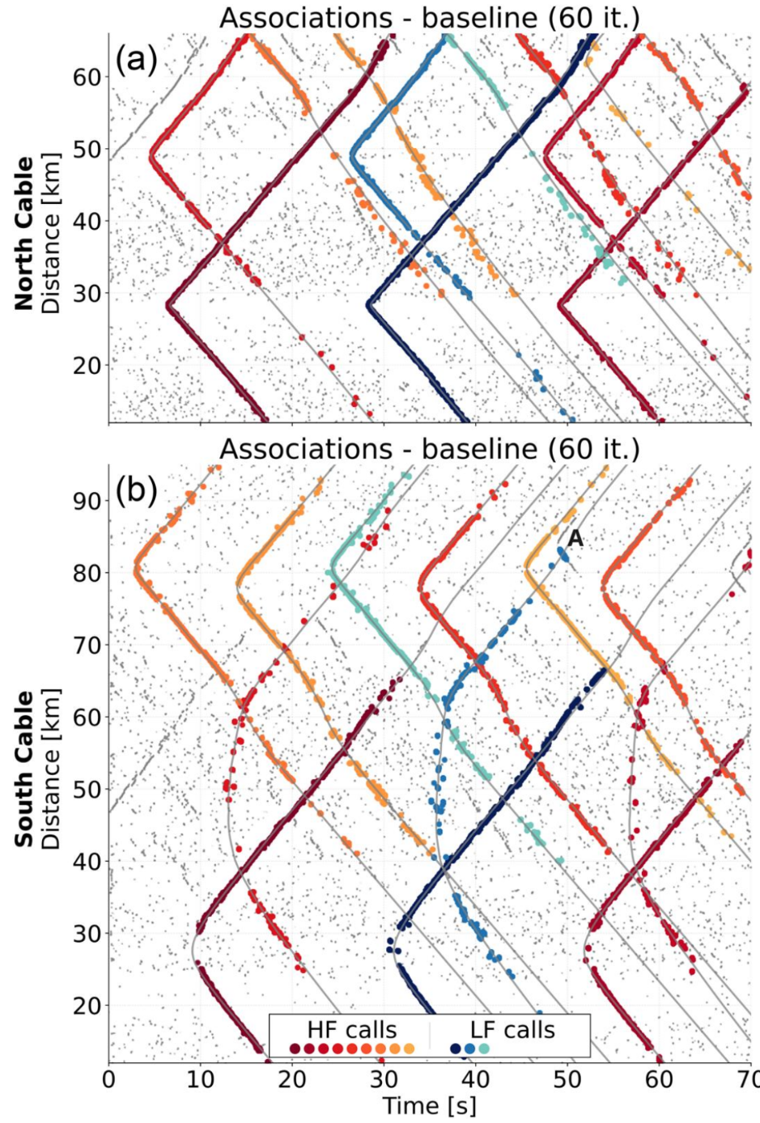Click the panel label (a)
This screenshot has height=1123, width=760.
tap(137, 60)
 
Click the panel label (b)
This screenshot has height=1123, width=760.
tap(137, 491)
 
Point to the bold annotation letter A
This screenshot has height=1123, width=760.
tap(575, 538)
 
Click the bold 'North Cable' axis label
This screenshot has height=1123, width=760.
tap(23, 234)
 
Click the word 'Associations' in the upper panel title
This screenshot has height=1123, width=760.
tap(305, 18)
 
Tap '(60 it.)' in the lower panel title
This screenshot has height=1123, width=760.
tap(593, 449)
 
